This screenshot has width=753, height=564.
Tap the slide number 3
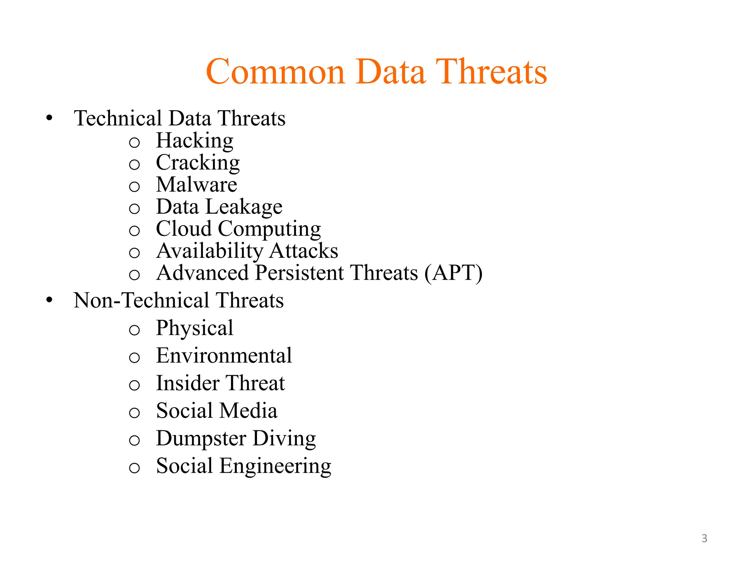coord(704,538)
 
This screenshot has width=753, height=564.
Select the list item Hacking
coord(195,141)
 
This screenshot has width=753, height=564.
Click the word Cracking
coord(198,163)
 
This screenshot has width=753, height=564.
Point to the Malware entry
coord(196,184)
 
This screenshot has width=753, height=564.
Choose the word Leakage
coord(244,207)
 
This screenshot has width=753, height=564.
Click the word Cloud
coord(184,229)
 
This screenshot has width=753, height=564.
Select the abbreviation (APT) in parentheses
coord(453,273)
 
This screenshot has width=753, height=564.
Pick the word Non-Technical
coord(142,300)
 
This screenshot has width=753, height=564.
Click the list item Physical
coord(195,328)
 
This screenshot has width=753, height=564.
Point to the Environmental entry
coord(224,355)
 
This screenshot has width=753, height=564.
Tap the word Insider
coord(188,383)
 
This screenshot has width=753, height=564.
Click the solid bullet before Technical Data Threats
coord(49,118)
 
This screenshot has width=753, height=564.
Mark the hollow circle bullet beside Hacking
coord(135,142)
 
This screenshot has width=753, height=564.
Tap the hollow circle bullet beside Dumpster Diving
coord(135,440)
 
